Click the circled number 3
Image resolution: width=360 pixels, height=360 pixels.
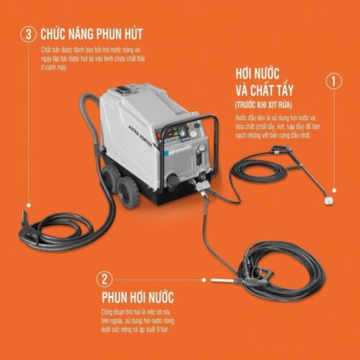(x=28, y=34)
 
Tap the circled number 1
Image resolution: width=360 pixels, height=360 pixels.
(x=332, y=81)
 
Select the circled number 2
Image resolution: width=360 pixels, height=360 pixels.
(x=105, y=279)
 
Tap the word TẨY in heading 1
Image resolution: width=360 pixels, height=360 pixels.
(x=303, y=91)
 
